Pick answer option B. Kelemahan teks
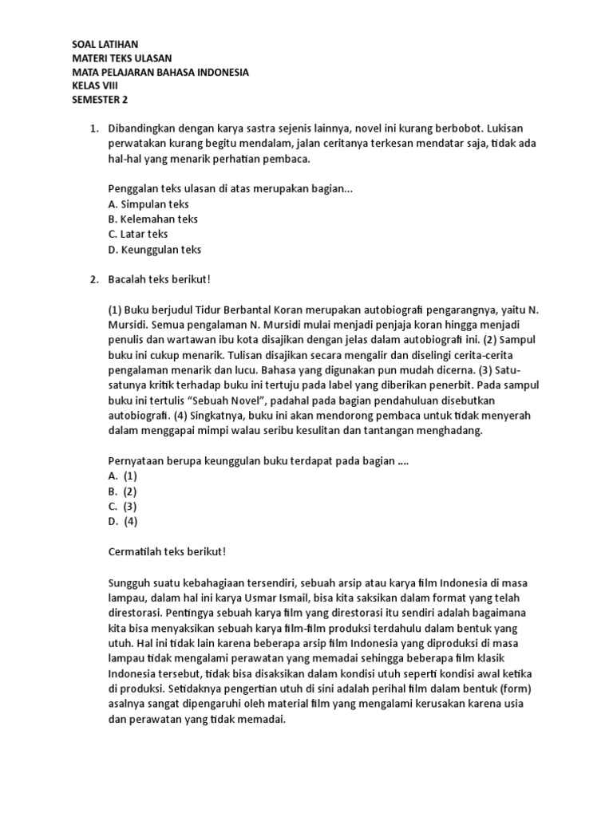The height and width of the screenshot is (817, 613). click(152, 219)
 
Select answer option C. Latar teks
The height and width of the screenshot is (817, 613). click(137, 235)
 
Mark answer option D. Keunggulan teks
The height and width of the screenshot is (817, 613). click(154, 249)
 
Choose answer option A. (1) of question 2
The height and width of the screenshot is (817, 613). click(123, 476)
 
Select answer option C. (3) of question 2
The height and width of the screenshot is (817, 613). click(123, 507)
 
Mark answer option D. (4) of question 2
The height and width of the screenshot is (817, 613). click(123, 522)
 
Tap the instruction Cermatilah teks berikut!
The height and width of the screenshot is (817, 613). click(166, 552)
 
